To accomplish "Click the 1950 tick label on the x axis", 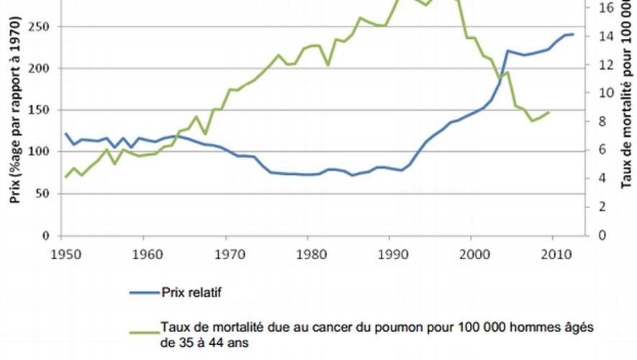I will coord(62,254).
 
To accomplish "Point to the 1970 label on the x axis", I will coord(226,254).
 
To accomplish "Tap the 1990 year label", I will coord(389,254).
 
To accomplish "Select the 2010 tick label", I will coord(554,254).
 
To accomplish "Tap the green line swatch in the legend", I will coord(145,328).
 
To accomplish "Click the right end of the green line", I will coord(550,112).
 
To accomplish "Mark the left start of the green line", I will coord(65,176).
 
